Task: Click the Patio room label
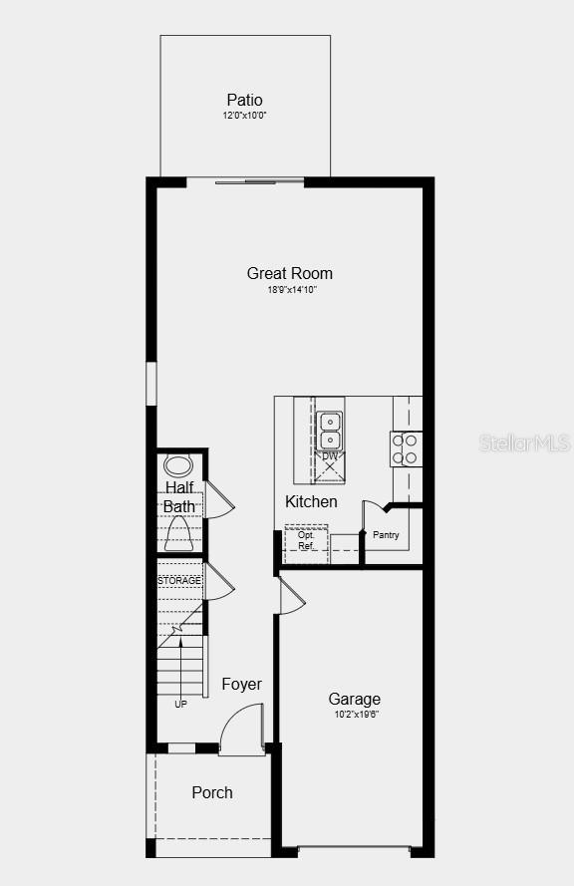(244, 100)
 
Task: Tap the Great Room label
(290, 273)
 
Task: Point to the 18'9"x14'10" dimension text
(290, 290)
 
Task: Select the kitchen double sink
(330, 431)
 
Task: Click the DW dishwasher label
(330, 456)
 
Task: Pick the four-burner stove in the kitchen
(406, 448)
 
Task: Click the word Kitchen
(311, 501)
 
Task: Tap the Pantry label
(386, 535)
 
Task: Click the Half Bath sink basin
(178, 464)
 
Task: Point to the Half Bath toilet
(179, 536)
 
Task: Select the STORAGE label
(179, 580)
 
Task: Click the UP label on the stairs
(180, 704)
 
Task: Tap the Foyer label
(241, 684)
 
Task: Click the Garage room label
(354, 699)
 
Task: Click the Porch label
(212, 792)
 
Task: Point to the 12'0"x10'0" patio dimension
(244, 116)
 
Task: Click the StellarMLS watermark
(524, 442)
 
